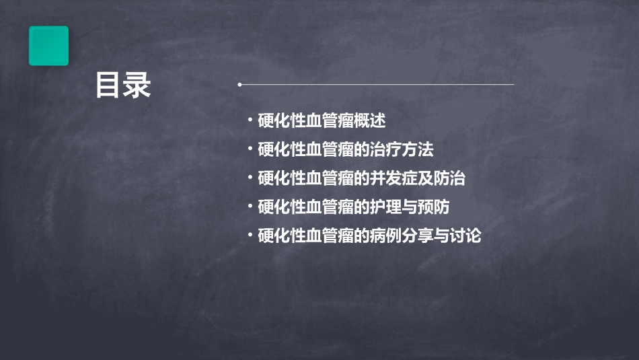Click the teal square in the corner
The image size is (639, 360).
48,46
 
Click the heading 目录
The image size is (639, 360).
123,85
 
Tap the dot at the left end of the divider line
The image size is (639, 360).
239,85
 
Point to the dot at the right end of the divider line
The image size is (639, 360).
513,85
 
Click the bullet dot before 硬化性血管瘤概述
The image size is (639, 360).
250,120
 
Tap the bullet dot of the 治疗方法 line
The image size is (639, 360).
250,149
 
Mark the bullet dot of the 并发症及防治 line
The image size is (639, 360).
250,179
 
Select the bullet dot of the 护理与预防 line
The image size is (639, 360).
250,207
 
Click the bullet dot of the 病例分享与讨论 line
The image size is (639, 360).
250,236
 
